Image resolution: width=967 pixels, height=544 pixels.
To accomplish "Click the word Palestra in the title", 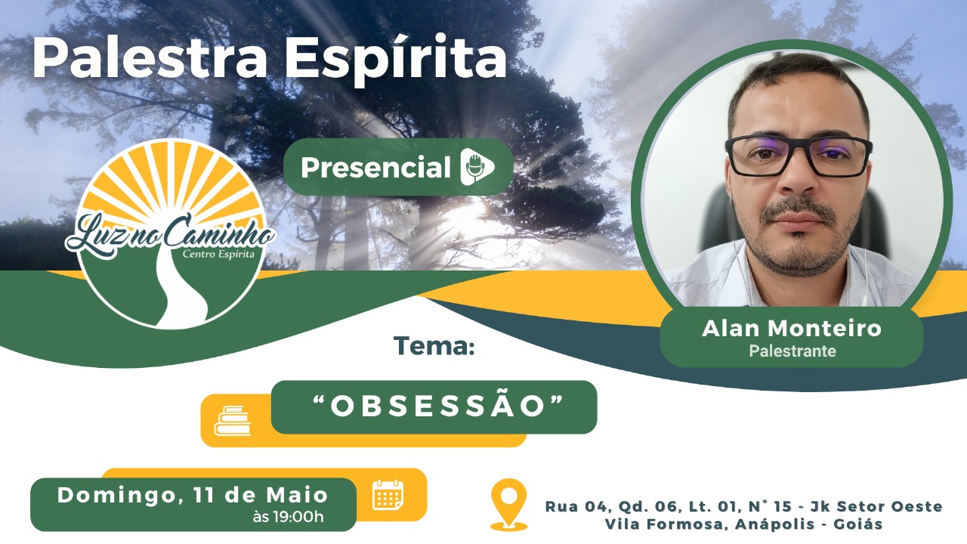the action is click(150, 58).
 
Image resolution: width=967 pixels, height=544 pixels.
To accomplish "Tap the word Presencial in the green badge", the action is click(375, 167).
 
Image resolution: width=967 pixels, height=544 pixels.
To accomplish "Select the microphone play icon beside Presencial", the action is click(476, 167).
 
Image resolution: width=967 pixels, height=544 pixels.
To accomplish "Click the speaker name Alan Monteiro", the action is click(792, 329).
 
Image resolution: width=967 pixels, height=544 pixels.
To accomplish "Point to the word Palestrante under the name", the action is click(792, 351).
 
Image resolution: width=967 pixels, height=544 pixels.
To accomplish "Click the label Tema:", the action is click(434, 345).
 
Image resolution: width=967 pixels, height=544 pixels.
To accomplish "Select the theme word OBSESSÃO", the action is click(437, 406).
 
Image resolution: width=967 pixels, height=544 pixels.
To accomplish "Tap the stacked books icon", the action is click(232, 421).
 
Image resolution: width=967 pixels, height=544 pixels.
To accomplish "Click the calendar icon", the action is click(388, 494).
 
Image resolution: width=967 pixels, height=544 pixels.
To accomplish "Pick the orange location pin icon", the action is click(509, 504).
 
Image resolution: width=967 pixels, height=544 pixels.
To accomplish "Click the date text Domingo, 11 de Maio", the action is click(193, 495).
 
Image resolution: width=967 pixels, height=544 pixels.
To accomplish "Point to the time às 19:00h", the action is click(288, 517).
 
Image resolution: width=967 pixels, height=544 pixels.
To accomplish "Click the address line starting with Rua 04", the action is click(743, 506).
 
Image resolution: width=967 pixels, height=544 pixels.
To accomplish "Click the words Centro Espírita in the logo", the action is click(218, 254).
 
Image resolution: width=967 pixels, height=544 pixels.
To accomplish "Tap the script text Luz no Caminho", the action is click(170, 235).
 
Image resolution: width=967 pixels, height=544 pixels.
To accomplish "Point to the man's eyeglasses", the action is click(798, 156).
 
